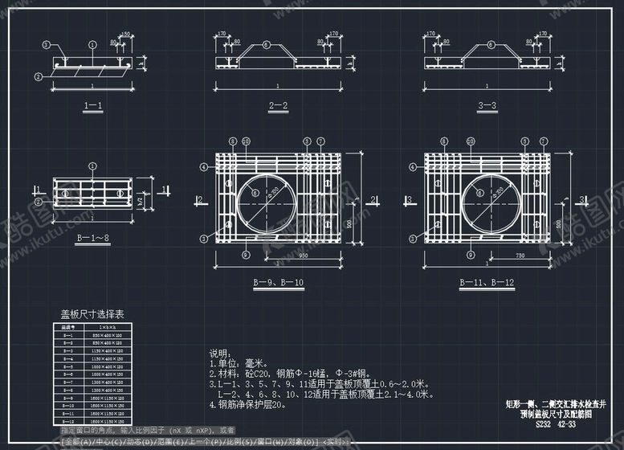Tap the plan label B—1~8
coord(92,238)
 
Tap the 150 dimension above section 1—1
coord(124,34)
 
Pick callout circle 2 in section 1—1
coord(38,76)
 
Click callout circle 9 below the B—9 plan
coord(244,255)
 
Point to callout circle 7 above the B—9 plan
coord(320,141)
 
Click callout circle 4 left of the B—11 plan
coord(411,166)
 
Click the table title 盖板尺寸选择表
coord(92,314)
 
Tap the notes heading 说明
coord(219,353)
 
